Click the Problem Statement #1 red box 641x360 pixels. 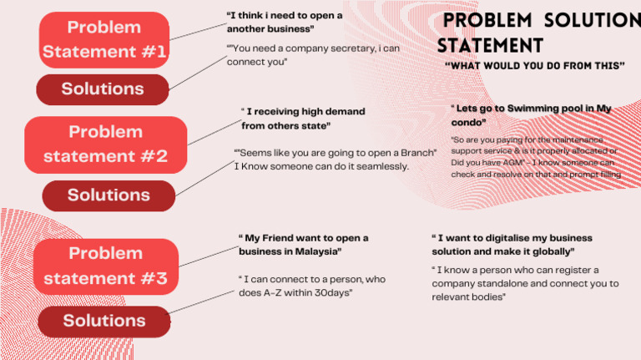pos(105,39)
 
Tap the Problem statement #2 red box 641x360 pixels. pos(106,144)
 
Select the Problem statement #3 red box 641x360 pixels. pos(106,266)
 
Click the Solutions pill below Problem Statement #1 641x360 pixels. pos(103,89)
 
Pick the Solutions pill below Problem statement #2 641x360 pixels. pos(109,195)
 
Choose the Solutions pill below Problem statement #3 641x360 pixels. pos(104,321)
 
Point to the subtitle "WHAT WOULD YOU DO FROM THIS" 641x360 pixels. pos(535,65)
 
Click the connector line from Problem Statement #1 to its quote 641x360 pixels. pos(198,31)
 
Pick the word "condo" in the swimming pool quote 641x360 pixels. pos(467,122)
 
